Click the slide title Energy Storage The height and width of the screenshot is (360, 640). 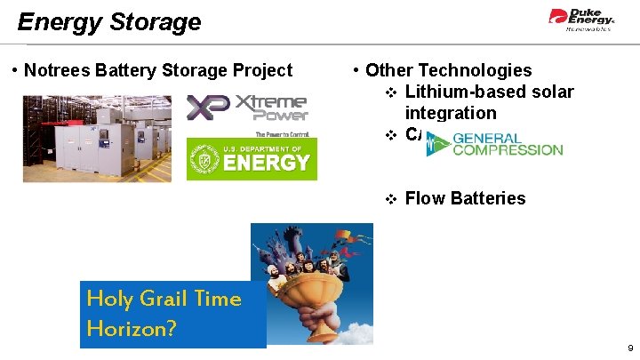109,21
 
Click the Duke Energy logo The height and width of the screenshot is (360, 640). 581,19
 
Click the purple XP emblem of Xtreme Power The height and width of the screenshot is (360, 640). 208,108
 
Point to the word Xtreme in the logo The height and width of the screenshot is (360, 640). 271,102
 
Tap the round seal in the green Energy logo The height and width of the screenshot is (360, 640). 205,161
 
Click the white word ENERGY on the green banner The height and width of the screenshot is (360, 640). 267,163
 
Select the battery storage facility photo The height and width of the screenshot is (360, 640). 97,139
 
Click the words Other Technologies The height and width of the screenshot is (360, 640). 448,70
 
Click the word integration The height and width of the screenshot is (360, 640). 450,113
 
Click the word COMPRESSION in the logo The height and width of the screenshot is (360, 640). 508,150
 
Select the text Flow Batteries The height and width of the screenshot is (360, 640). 465,198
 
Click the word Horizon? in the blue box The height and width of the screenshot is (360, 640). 132,329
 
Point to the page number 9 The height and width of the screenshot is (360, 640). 630,348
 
